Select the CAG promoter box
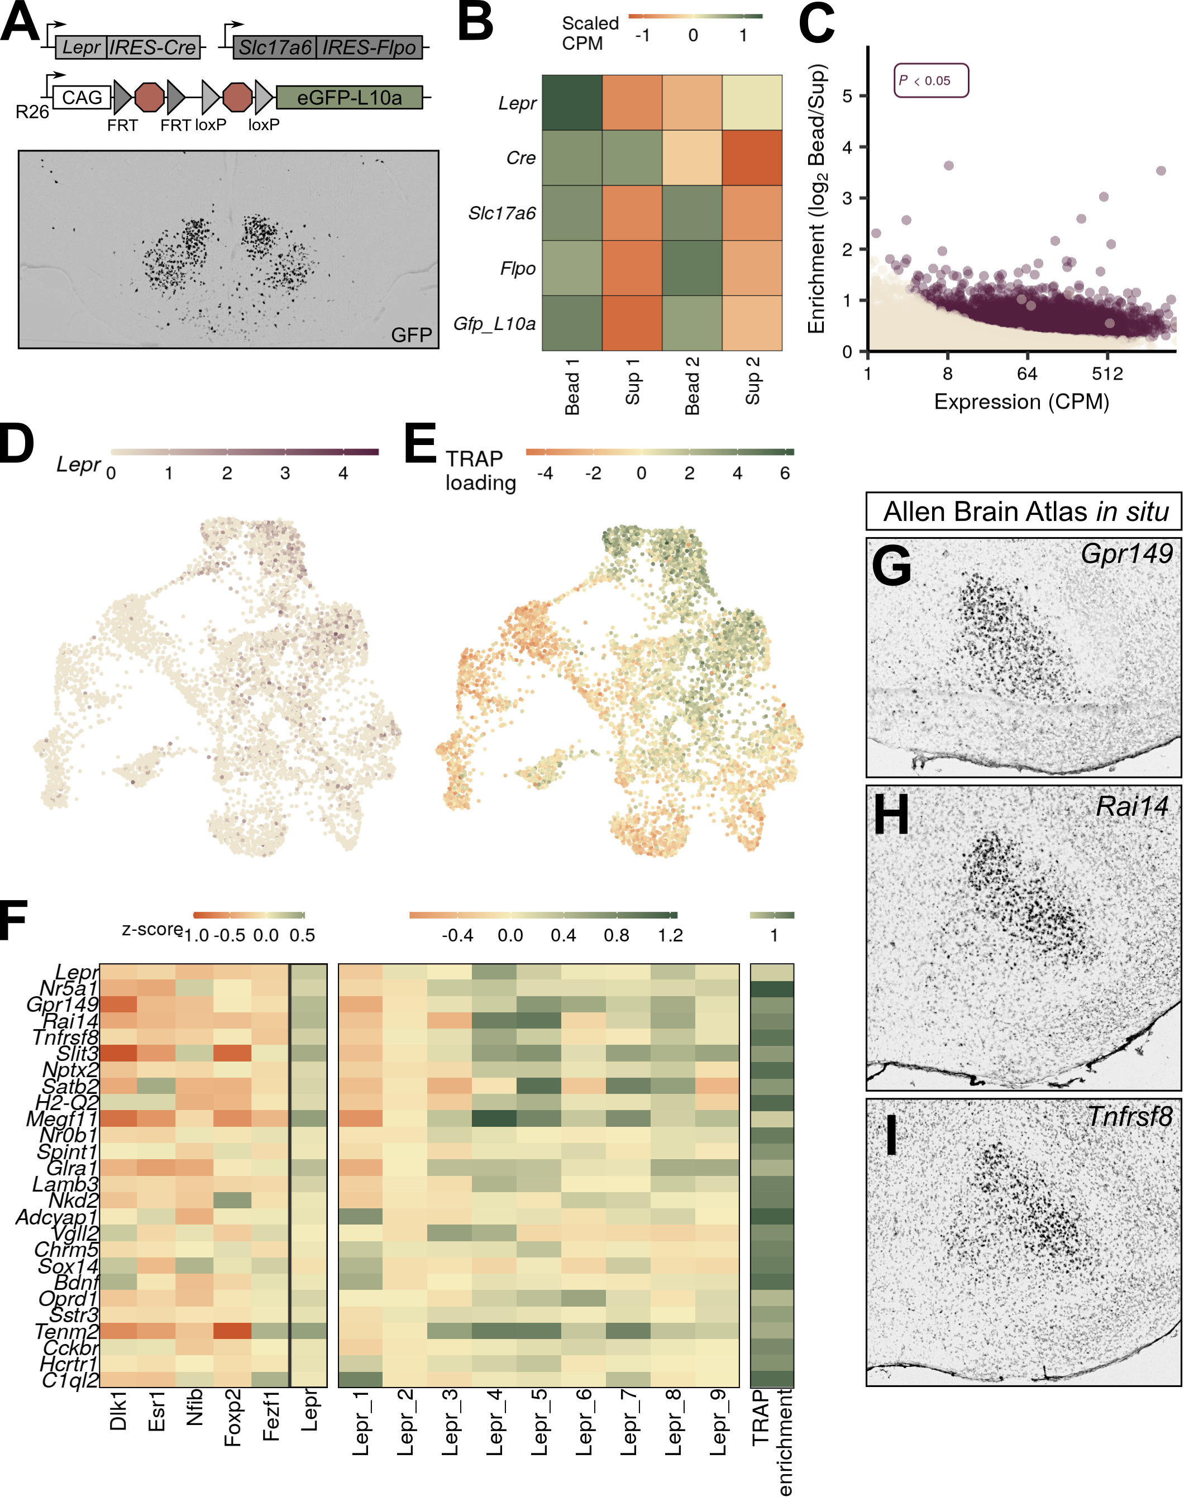(x=82, y=98)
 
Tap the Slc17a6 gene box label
(x=275, y=47)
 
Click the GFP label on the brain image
(x=411, y=335)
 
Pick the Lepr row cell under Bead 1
(x=572, y=103)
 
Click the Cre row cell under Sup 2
(x=752, y=158)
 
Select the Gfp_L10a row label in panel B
(x=494, y=324)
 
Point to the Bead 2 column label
(x=692, y=385)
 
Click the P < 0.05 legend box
(x=930, y=80)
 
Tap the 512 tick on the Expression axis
(x=1107, y=374)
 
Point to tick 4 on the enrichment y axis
(x=847, y=147)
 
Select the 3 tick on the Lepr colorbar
(x=285, y=474)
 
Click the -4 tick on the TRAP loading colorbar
(x=545, y=474)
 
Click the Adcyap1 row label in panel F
(x=57, y=1217)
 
